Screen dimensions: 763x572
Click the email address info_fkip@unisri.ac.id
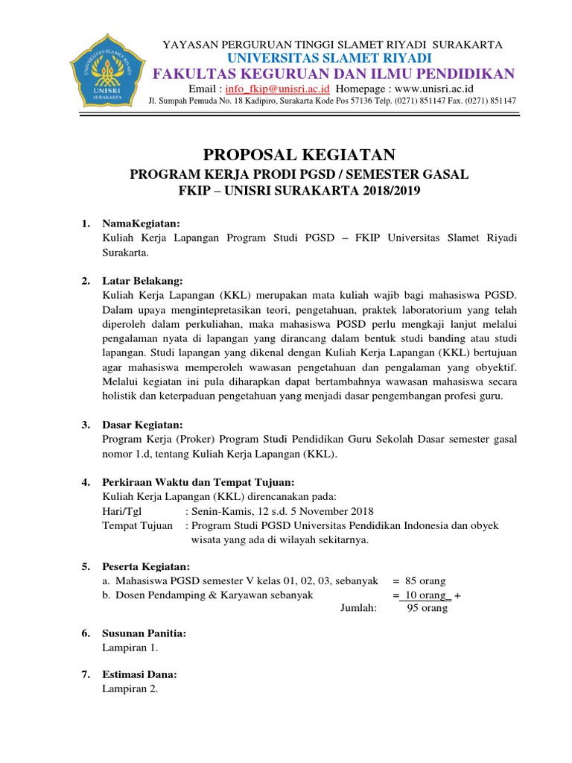[x=277, y=87]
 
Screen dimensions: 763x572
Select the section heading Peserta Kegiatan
[x=146, y=567]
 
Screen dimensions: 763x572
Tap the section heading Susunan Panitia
[x=144, y=633]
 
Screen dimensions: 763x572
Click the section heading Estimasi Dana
[x=139, y=674]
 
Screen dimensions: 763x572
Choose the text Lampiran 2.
[x=130, y=688]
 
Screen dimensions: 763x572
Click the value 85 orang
[x=426, y=580]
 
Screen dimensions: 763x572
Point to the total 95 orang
[x=427, y=608]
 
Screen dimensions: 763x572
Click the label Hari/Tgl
[x=121, y=511]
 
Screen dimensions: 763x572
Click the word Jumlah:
[x=359, y=608]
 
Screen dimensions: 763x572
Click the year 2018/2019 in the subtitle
[x=386, y=191]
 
